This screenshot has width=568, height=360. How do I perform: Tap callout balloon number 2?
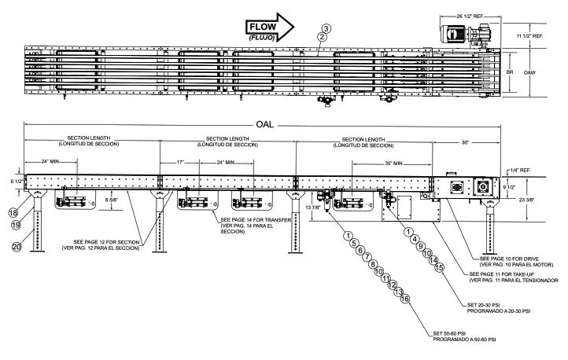tap(321, 37)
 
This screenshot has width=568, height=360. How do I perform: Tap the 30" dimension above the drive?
tap(466, 142)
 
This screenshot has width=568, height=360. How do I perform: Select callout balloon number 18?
tap(13, 212)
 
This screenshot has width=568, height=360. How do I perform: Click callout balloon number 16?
tap(406, 299)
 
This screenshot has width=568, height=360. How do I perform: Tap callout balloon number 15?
tap(441, 266)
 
